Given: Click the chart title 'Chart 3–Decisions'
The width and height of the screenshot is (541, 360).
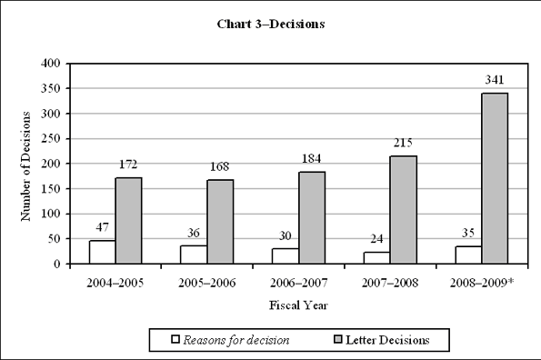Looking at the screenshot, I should pyautogui.click(x=270, y=24).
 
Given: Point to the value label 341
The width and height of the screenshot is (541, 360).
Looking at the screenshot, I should pyautogui.click(x=496, y=80).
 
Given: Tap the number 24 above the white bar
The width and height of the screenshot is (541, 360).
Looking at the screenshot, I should pyautogui.click(x=376, y=239).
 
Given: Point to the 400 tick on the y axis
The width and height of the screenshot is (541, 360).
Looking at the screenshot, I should pyautogui.click(x=51, y=64).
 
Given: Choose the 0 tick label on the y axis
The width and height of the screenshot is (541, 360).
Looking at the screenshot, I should pyautogui.click(x=56, y=264).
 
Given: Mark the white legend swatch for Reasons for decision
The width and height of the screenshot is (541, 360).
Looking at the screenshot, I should pyautogui.click(x=176, y=340).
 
